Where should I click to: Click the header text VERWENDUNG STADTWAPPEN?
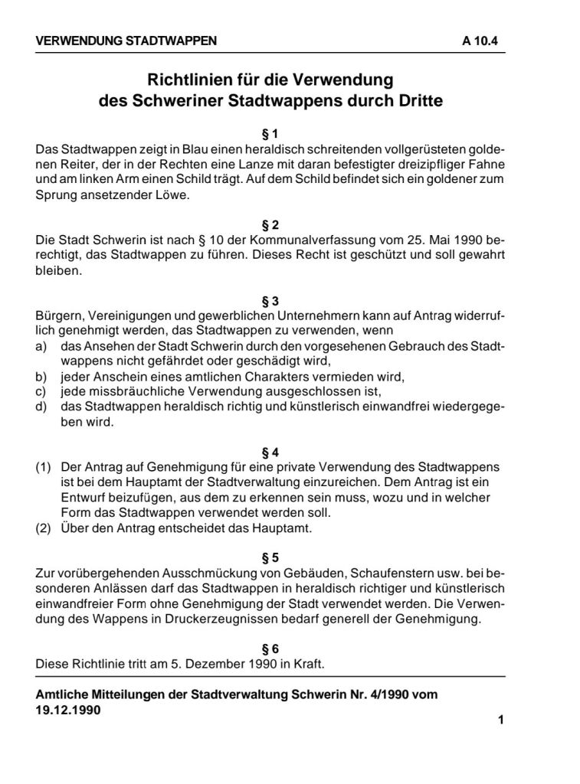[126, 41]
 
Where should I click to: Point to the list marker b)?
[42, 377]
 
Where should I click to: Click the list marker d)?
[42, 406]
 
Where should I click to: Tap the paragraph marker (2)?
[44, 528]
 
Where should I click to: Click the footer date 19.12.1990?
[68, 709]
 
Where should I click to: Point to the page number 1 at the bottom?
[500, 719]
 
